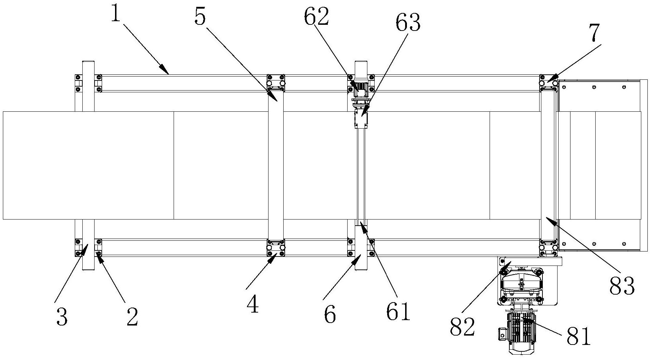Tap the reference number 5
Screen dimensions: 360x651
pyautogui.click(x=200, y=17)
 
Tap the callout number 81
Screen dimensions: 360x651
pyautogui.click(x=578, y=336)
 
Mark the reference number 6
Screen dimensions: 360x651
pyautogui.click(x=330, y=315)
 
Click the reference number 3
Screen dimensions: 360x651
pyautogui.click(x=62, y=318)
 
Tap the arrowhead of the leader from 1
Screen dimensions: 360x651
pyautogui.click(x=168, y=74)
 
